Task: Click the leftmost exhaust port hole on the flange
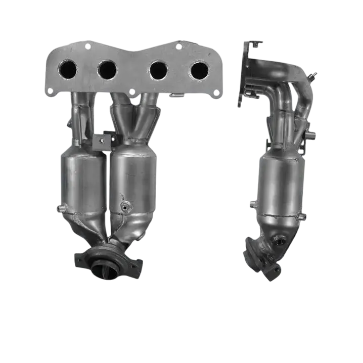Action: coord(68,69)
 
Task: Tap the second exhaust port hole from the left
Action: coord(108,69)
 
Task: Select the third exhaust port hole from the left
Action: coord(159,70)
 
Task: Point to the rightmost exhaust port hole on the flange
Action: coord(199,70)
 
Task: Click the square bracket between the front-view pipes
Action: coord(104,142)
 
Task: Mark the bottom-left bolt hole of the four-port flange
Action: coord(50,91)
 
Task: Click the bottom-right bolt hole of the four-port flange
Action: coord(216,93)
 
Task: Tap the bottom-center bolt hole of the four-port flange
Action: coord(132,92)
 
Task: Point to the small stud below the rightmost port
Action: coord(175,95)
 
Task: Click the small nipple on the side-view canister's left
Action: coord(251,205)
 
